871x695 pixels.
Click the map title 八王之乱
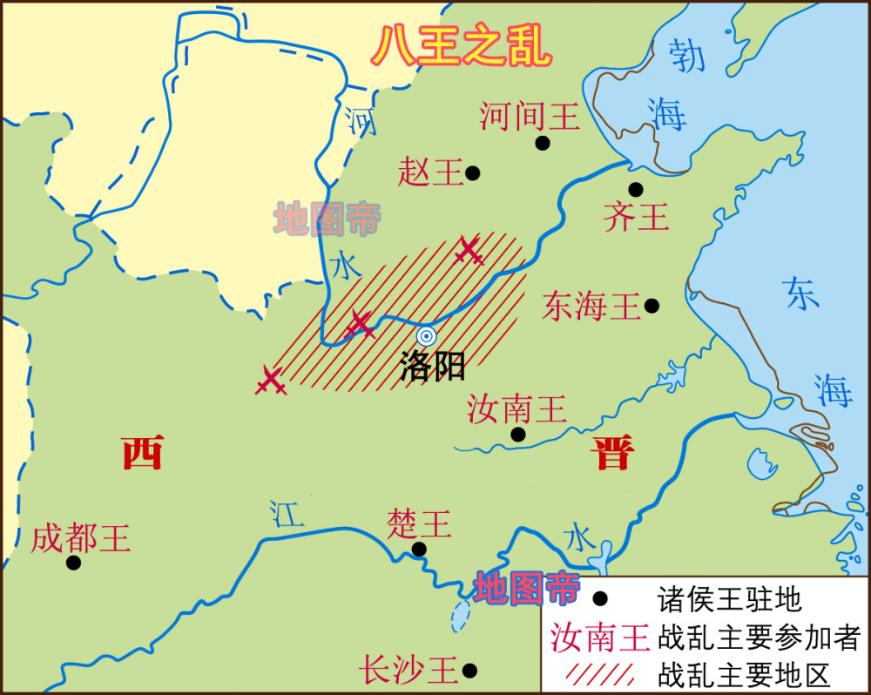click(x=462, y=46)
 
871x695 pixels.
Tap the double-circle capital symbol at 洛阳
click(x=426, y=337)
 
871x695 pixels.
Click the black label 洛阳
click(x=433, y=367)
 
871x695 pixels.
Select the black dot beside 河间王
click(x=543, y=143)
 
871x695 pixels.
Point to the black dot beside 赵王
click(x=473, y=172)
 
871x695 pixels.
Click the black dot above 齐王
click(x=636, y=189)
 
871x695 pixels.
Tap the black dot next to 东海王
click(x=652, y=306)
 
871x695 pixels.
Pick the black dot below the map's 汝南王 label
click(x=518, y=434)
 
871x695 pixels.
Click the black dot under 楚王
click(x=419, y=549)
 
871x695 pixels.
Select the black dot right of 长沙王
click(x=470, y=670)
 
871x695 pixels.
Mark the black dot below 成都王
click(x=73, y=563)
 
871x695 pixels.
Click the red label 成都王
click(x=80, y=539)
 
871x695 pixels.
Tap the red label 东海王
click(x=591, y=306)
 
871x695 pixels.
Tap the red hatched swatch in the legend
click(x=600, y=674)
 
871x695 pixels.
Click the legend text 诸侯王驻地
click(x=729, y=599)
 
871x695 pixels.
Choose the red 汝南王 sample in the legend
click(x=600, y=638)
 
